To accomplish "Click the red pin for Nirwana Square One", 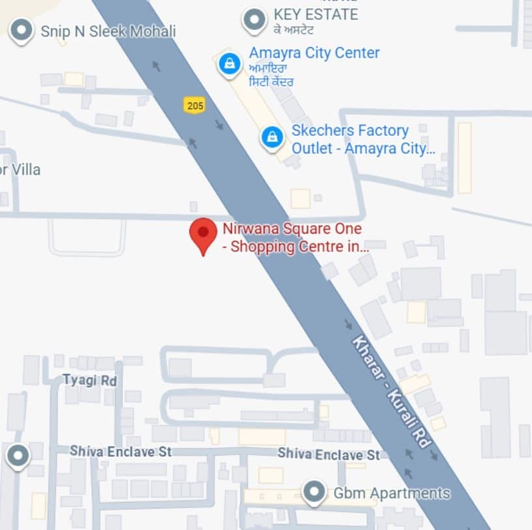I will pos(203,234).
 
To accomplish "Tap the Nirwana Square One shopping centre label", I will pos(296,238).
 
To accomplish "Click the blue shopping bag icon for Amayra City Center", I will pos(228,64).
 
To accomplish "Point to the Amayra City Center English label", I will pos(314,53).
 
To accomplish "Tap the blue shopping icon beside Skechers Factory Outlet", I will pos(272,137).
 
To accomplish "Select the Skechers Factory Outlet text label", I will pos(362,139).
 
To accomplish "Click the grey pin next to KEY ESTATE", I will pos(254,20).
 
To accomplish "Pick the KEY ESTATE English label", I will pos(315,14).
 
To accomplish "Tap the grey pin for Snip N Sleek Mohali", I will pos(22,30).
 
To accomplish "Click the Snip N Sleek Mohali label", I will pos(108,31).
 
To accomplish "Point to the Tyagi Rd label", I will pos(89,380).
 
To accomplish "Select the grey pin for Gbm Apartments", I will pos(315,491).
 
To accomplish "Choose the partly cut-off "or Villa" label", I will pos(20,170).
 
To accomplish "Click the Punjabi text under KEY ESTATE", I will pos(294,29).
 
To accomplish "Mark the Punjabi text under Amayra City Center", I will pos(271,75).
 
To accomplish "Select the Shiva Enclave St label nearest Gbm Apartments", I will pos(328,454).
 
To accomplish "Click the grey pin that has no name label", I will pos(17,455).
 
